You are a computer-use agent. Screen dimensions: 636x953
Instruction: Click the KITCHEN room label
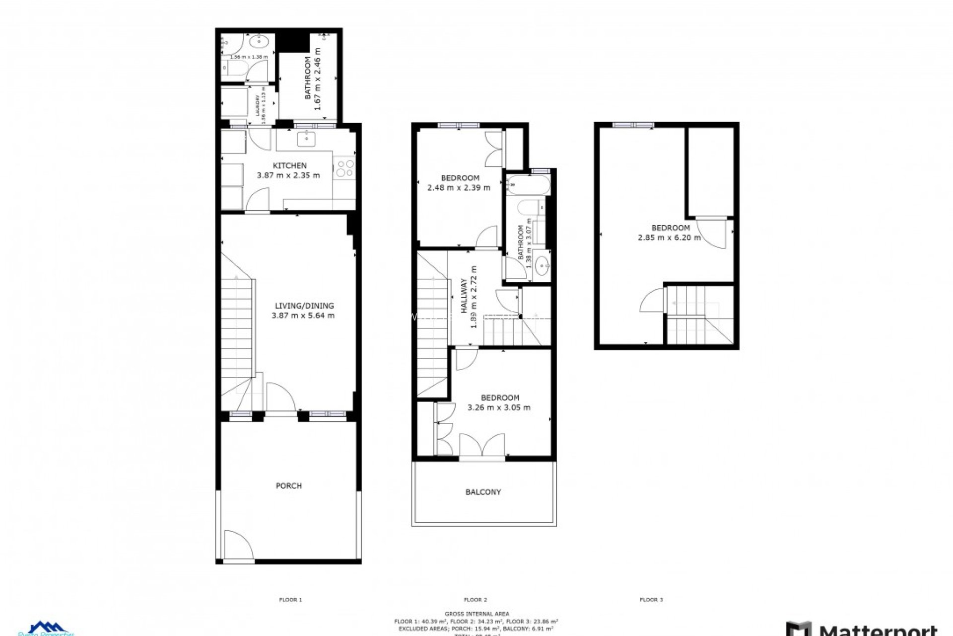289,165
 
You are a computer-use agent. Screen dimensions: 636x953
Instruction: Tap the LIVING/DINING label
304,306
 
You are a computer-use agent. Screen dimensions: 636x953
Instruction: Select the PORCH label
288,485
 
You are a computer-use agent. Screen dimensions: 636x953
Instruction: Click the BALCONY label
483,492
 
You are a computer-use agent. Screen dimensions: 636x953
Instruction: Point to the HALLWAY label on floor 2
464,296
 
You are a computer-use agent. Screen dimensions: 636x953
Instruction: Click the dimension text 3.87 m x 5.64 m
303,316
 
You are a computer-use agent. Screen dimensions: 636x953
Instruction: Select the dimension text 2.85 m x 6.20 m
669,238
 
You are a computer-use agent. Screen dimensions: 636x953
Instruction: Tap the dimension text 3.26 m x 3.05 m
499,407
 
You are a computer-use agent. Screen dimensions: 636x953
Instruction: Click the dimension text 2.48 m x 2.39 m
459,188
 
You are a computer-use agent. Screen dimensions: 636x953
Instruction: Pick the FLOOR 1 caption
290,600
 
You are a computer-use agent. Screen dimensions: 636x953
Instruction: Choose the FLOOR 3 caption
651,600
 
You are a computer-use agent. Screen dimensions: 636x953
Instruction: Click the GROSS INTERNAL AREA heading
476,614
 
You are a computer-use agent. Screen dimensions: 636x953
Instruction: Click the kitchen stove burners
344,168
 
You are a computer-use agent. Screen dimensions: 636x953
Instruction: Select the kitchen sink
307,139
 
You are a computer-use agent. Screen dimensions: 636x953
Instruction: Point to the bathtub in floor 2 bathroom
528,185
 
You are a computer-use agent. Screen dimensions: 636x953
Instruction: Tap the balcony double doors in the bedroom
482,445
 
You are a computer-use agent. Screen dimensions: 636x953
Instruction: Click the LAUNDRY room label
258,105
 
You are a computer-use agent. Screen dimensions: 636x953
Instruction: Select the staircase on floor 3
699,315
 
